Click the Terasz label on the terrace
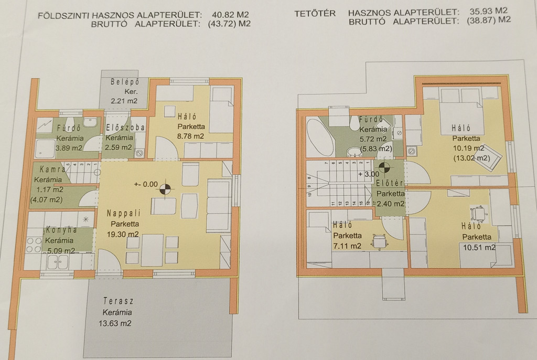118,301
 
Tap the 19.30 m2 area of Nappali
123,234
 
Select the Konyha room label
62,230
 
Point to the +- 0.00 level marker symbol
165,189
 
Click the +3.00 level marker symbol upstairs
384,168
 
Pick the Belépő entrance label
125,82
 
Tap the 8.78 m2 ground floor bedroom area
190,136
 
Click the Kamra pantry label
52,170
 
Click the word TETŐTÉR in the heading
315,14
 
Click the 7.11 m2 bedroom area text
347,246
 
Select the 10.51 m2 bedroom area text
479,247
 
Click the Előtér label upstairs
390,183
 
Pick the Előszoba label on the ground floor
125,128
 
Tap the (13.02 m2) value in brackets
471,158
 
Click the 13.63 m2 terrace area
115,323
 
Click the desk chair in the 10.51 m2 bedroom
478,214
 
